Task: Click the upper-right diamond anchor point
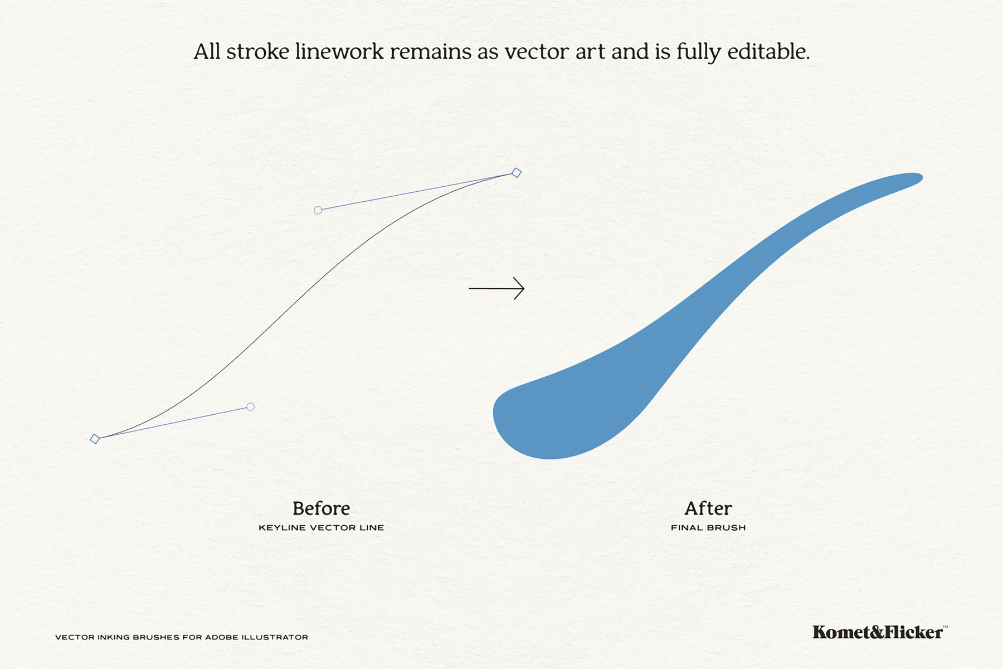[x=517, y=173]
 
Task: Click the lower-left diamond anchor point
[x=95, y=439]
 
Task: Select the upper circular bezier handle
[x=318, y=210]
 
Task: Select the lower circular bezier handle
[x=250, y=407]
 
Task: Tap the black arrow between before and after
[x=496, y=288]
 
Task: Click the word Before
[x=321, y=508]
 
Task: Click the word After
[x=708, y=508]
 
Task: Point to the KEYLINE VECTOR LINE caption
[x=321, y=527]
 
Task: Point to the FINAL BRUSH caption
[x=708, y=527]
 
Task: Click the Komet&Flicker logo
[x=878, y=632]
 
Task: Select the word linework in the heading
[x=339, y=52]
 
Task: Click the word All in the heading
[x=207, y=52]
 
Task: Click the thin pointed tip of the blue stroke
[x=917, y=178]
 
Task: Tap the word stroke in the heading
[x=257, y=52]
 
